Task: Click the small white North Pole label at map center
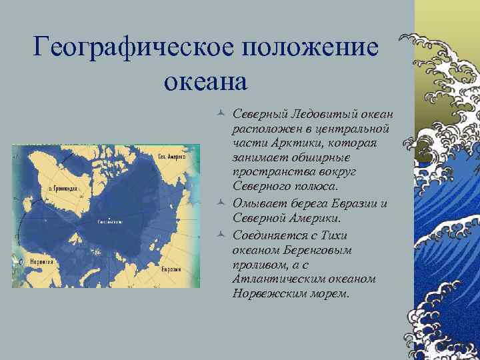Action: pos(109,221)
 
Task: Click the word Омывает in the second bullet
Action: pos(257,203)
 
